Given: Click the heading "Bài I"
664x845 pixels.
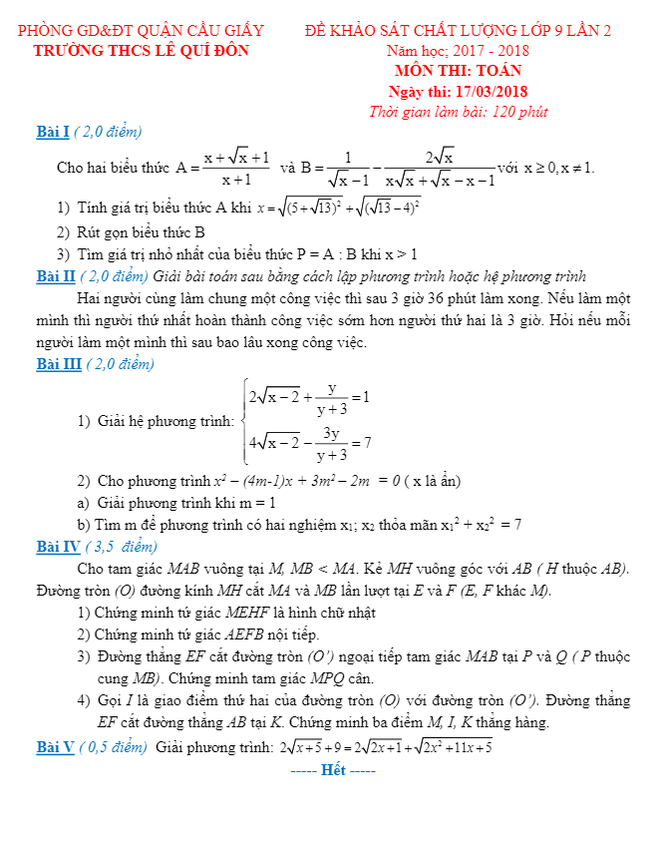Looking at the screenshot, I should [x=51, y=132].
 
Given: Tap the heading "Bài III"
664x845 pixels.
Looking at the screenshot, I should [x=58, y=364].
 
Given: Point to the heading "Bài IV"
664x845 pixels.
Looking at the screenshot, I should [x=58, y=547].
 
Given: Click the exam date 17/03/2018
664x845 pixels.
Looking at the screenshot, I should [x=491, y=92].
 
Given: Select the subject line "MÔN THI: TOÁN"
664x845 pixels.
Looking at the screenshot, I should [x=459, y=71].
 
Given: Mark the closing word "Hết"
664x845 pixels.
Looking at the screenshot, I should [x=333, y=770].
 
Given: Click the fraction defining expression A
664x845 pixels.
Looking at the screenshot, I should [x=235, y=168].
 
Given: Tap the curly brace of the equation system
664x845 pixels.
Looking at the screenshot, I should [x=242, y=420].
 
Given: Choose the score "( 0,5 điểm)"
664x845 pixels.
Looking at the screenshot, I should [x=115, y=746].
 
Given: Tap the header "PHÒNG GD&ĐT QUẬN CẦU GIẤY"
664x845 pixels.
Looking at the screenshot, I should [x=141, y=30].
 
